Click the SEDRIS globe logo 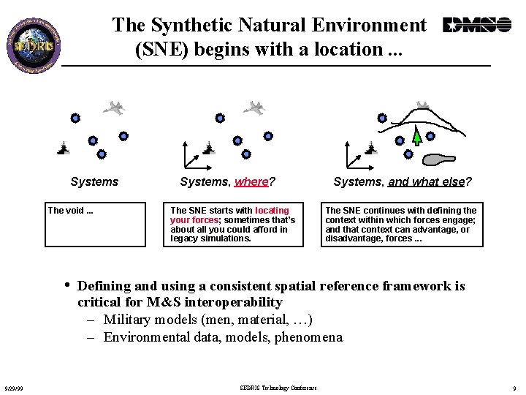click(34, 42)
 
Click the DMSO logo click(477, 26)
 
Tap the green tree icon click(416, 136)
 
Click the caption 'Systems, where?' click(227, 181)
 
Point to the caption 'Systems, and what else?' click(402, 181)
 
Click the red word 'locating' click(272, 210)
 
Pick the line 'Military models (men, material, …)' click(208, 320)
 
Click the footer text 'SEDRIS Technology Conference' click(278, 387)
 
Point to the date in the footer click(13, 388)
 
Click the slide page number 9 click(514, 388)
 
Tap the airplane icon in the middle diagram click(254, 108)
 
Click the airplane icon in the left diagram click(114, 108)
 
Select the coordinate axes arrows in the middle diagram click(191, 156)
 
